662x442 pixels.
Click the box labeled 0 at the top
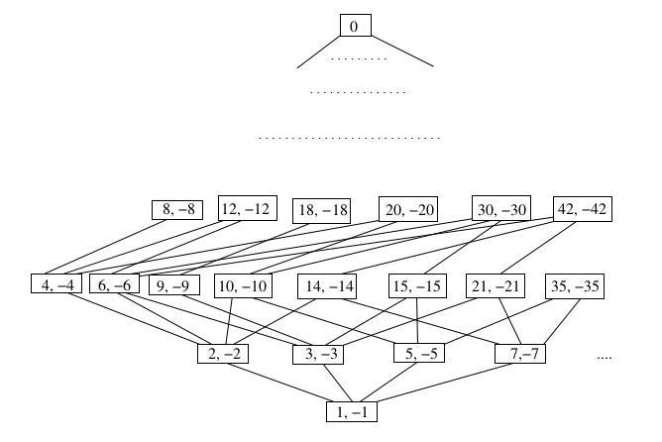354,26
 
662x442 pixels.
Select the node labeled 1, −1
353,408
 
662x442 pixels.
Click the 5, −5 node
420,353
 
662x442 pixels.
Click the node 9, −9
174,285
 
